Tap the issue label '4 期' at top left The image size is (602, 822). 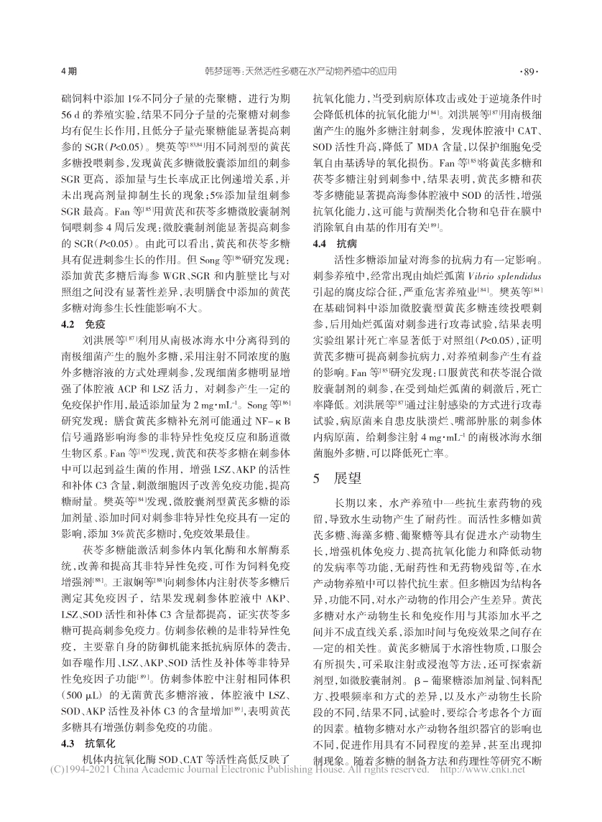click(x=70, y=72)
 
